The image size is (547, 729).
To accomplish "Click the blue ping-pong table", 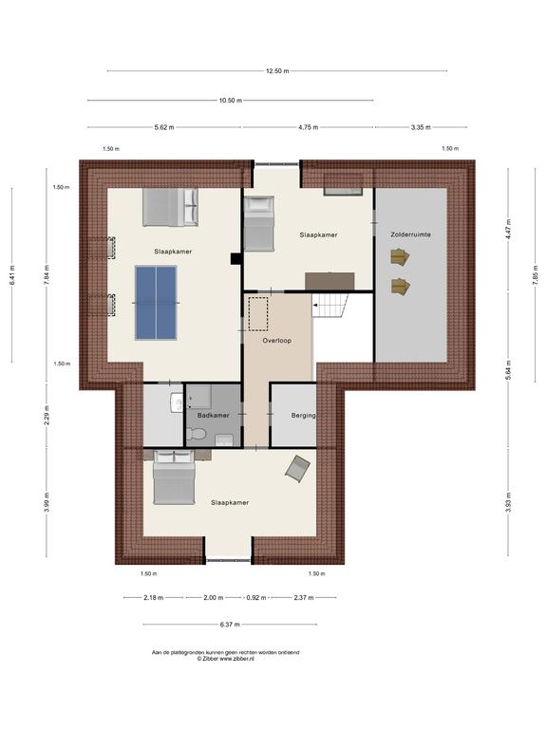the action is click(x=156, y=302).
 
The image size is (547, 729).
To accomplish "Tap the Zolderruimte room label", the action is click(x=410, y=234).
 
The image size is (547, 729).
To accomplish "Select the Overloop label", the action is click(x=276, y=341).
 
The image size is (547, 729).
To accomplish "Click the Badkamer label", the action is click(x=214, y=415).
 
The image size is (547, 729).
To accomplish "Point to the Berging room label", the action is click(x=304, y=415).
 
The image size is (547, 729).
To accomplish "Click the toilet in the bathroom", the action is click(x=196, y=435).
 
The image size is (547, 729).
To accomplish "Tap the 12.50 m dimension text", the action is click(x=277, y=71).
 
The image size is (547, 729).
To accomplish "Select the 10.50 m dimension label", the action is click(x=231, y=100).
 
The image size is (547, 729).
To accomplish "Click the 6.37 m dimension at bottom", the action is click(x=230, y=625).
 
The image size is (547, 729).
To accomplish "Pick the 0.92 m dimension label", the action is click(x=256, y=597).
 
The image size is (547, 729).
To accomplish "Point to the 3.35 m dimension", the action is click(x=421, y=127).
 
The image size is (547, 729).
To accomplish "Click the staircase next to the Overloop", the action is click(x=330, y=305).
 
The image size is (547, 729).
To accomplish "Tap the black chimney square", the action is click(x=236, y=259).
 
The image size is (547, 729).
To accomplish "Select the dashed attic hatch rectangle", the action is click(x=257, y=314).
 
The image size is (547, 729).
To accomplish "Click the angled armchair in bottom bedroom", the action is click(x=297, y=469).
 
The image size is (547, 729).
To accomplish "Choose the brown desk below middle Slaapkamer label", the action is click(x=330, y=281).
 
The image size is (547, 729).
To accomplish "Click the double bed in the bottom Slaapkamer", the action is click(x=174, y=477).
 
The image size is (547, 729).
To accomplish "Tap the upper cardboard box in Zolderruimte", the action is click(x=400, y=256).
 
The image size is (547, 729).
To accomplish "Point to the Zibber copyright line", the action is click(x=226, y=659).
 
